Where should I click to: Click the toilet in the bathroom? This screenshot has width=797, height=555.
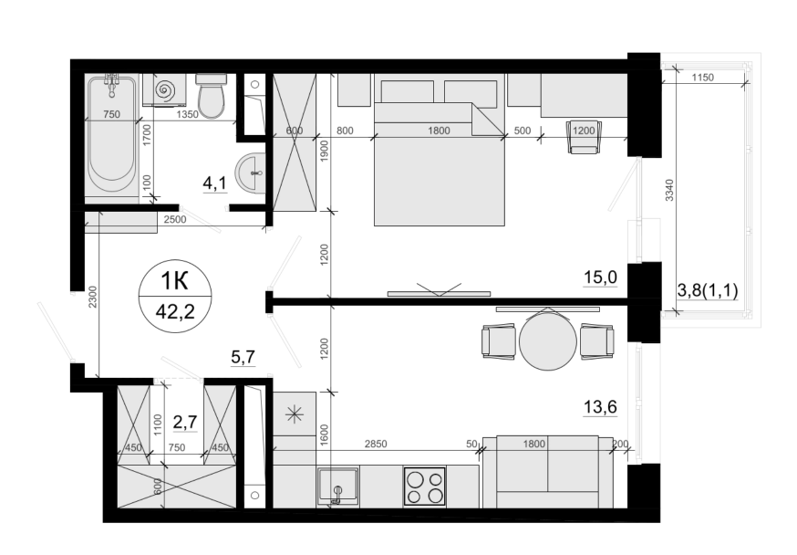tap(211, 96)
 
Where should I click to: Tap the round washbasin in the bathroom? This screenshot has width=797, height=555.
tap(250, 173)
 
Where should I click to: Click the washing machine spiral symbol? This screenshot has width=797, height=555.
tap(166, 90)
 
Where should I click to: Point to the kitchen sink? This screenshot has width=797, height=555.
tap(338, 486)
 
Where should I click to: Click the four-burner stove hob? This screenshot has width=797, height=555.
tap(425, 487)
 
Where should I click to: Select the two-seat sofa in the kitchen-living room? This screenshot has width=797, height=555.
tap(548, 472)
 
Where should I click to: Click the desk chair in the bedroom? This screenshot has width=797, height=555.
tap(583, 136)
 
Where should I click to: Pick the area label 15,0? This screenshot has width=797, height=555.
tap(600, 277)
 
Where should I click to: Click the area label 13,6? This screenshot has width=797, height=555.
tap(600, 407)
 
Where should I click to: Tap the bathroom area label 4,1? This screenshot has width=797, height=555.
tap(214, 183)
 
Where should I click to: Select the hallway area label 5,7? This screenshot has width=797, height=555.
tap(243, 357)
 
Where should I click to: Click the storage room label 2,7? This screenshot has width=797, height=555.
tap(185, 423)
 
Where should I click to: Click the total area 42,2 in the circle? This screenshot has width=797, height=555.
tap(175, 311)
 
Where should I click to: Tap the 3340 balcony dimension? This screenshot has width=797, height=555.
tap(669, 190)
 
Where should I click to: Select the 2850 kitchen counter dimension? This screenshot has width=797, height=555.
tap(376, 444)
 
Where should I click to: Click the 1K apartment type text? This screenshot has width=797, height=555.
tap(174, 280)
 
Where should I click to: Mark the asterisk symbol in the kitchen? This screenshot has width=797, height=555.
tap(295, 414)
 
